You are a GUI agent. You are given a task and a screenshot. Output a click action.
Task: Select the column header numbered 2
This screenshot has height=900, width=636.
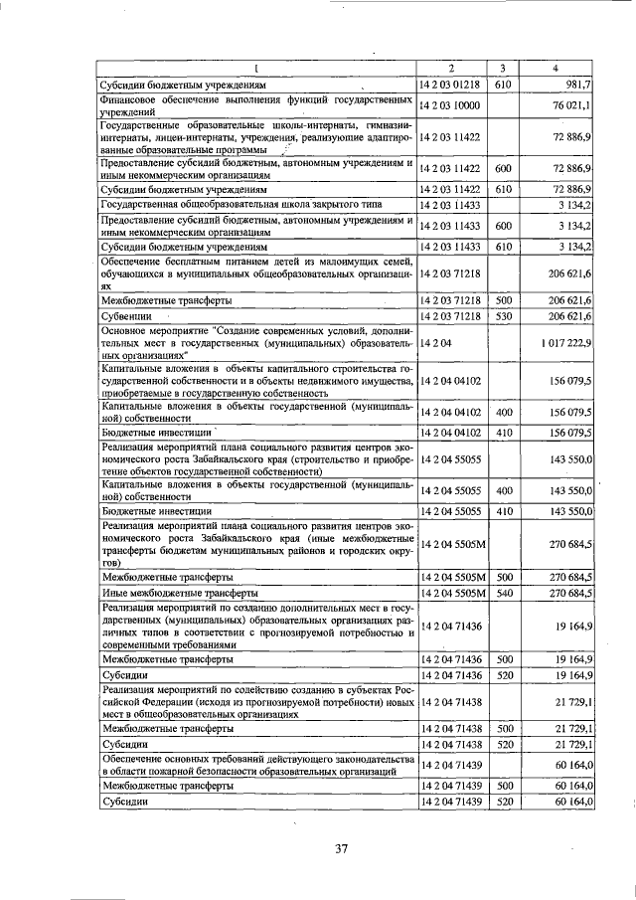[451, 69]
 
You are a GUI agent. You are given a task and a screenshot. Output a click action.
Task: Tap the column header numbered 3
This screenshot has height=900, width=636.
[503, 69]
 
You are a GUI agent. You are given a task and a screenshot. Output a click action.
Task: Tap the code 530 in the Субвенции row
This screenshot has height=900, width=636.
[503, 315]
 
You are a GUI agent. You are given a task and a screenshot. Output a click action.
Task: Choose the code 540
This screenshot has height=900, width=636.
[503, 593]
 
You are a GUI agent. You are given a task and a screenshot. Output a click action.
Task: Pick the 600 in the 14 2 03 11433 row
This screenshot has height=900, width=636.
[503, 226]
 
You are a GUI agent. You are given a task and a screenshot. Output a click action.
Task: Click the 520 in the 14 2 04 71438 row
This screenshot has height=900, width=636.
[503, 744]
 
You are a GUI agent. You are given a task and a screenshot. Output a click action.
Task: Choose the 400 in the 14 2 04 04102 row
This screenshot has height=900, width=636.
[503, 412]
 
